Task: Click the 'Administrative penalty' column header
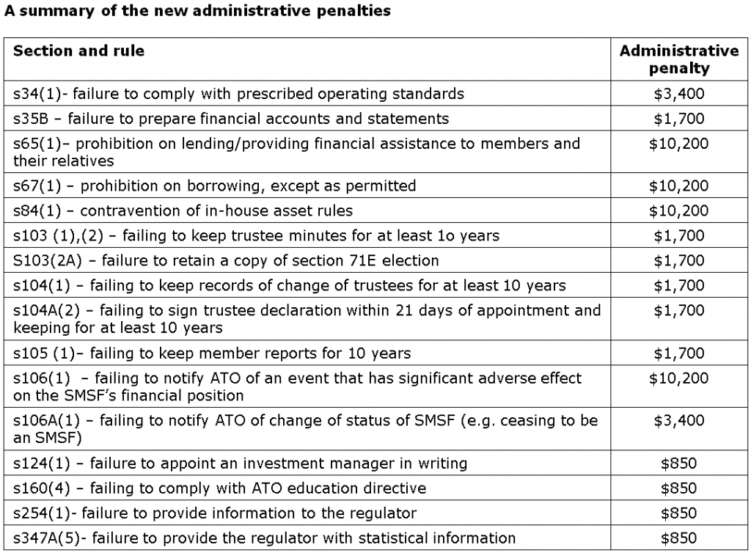coord(678,59)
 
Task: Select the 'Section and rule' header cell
coord(78,51)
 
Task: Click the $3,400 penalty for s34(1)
coord(678,94)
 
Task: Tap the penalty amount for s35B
coord(678,119)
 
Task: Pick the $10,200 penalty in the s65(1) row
coord(678,144)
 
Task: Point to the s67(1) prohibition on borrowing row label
coord(214,186)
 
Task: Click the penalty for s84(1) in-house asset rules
coord(678,211)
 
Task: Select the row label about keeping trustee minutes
coord(256,236)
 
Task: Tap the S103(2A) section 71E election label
coord(226,261)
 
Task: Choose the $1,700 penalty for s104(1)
coord(678,286)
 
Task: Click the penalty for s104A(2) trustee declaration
coord(678,311)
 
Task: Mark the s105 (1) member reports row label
coord(211,354)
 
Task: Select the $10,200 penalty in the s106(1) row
coord(678,378)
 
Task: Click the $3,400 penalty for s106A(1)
coord(678,421)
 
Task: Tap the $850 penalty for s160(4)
coord(678,488)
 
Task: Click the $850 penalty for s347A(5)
coord(678,538)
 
